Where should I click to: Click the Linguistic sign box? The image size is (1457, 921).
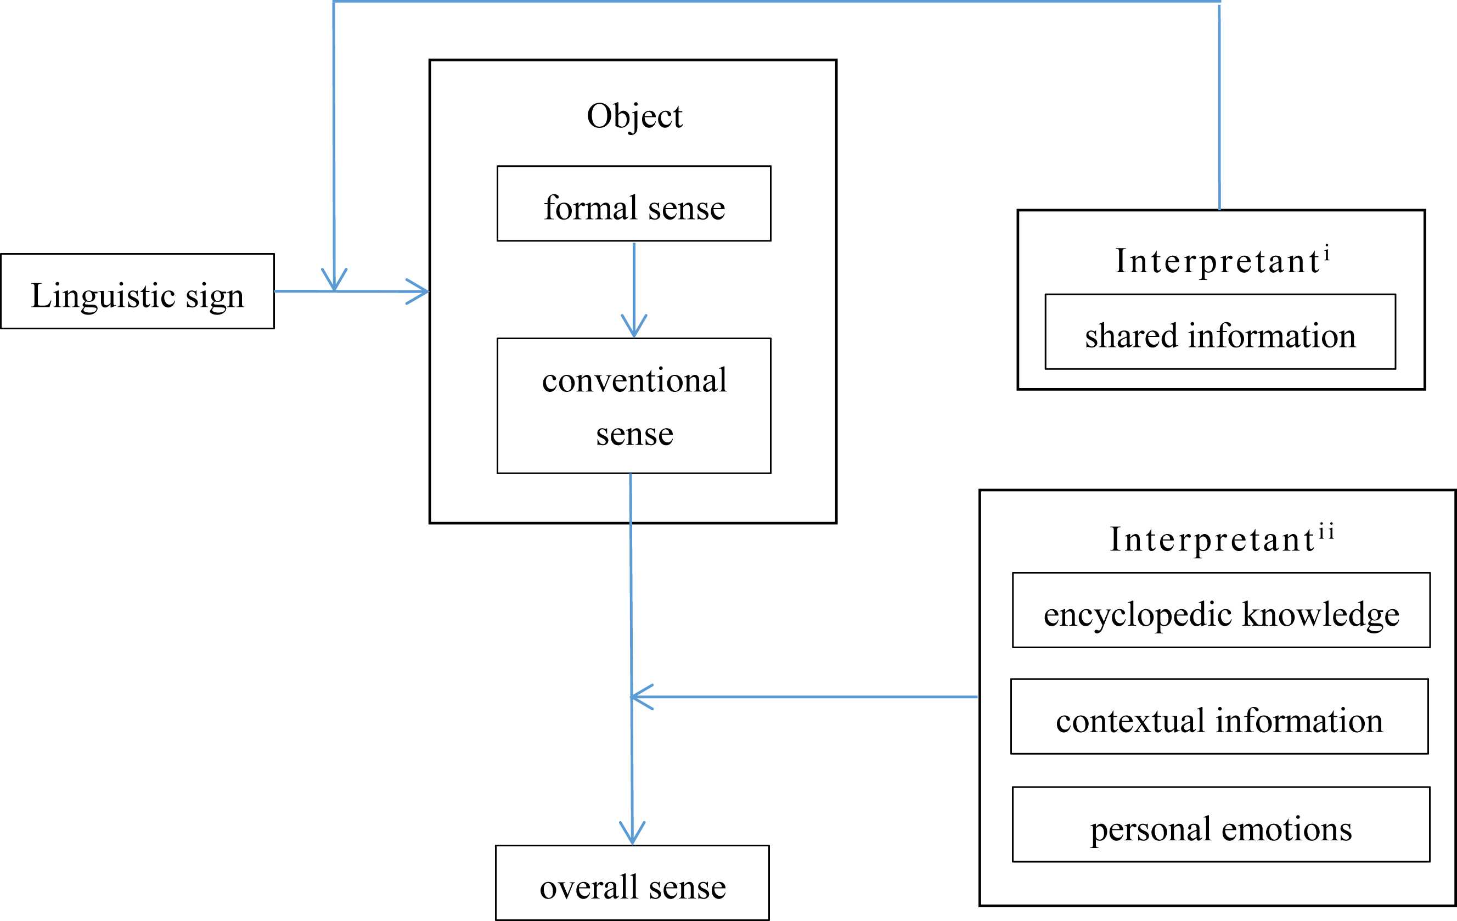click(x=137, y=291)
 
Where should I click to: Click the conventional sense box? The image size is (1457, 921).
click(x=633, y=406)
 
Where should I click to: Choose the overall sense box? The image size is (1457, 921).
click(x=632, y=883)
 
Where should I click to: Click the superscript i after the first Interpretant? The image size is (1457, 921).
click(x=1326, y=252)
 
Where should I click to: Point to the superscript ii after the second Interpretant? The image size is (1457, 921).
click(x=1326, y=531)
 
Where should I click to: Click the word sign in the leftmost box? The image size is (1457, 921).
click(x=214, y=296)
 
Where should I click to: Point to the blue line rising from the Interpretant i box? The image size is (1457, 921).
click(x=1219, y=109)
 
